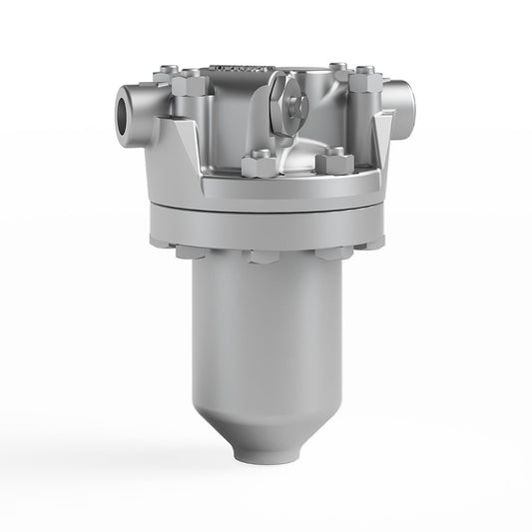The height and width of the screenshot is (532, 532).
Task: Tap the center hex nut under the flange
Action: click(266, 256)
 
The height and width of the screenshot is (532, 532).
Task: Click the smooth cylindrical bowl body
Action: click(264, 329)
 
